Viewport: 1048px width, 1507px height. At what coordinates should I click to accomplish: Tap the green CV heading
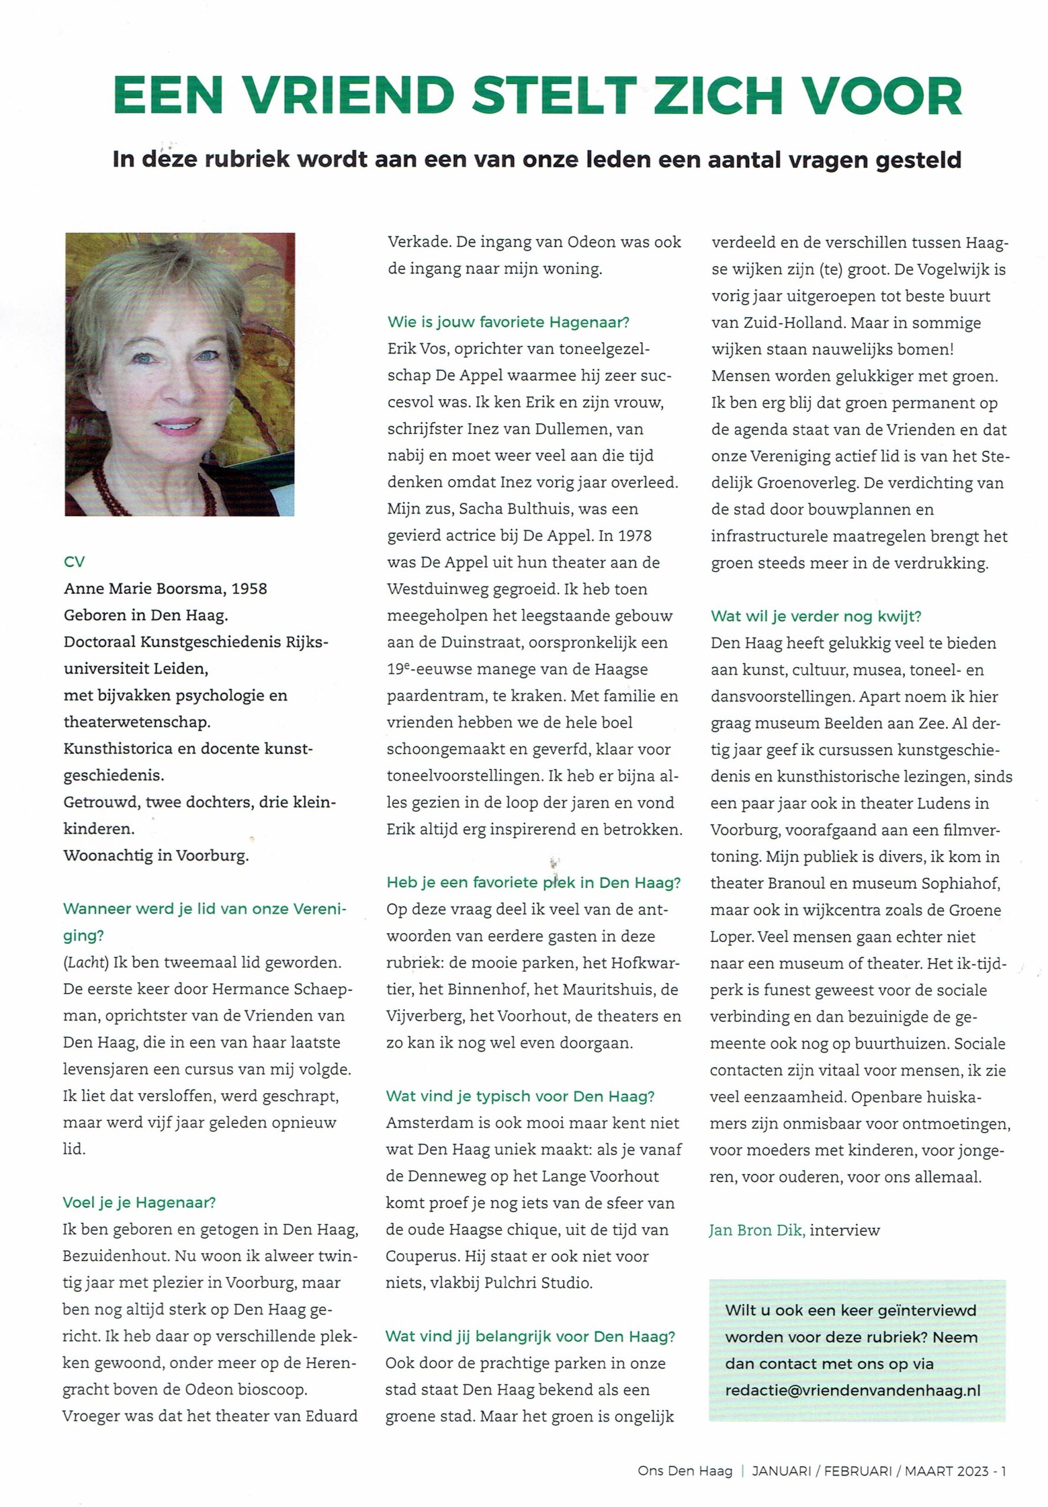click(x=74, y=562)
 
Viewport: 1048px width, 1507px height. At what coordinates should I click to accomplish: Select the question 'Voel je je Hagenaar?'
click(x=139, y=1203)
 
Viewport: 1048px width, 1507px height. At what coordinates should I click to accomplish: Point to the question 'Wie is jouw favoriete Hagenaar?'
click(x=508, y=322)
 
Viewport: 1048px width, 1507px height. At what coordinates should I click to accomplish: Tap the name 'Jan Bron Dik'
click(x=756, y=1230)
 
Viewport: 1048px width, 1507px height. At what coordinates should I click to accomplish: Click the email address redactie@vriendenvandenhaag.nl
click(x=853, y=1390)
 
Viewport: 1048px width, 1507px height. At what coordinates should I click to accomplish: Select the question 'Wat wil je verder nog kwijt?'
click(x=816, y=616)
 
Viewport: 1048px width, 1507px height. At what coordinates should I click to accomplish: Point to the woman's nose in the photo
click(x=179, y=390)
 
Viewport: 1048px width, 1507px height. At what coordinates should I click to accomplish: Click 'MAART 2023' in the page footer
click(x=945, y=1471)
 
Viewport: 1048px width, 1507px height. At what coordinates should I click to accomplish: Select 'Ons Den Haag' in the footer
click(x=684, y=1471)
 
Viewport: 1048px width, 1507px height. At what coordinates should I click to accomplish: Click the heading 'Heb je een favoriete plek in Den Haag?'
click(x=534, y=883)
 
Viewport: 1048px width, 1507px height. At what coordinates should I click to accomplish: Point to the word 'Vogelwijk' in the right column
click(x=954, y=269)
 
